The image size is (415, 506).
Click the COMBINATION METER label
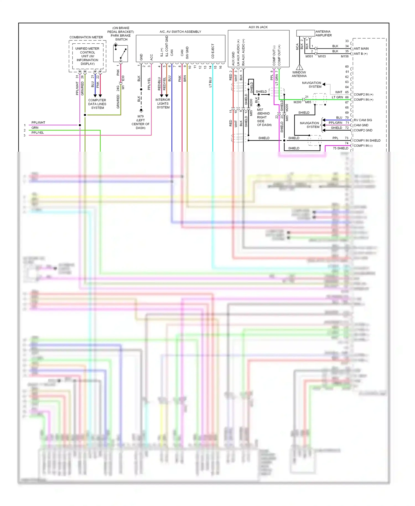86,37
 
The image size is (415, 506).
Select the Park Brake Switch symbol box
120,53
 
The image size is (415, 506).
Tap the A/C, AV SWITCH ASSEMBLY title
180,32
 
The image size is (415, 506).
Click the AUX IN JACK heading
258,27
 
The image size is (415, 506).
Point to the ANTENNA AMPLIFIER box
305,33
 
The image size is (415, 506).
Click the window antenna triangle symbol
299,67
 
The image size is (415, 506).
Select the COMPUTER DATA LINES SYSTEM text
97,104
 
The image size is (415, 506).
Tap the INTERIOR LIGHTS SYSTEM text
163,104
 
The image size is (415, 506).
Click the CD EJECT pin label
213,51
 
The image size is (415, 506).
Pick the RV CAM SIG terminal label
363,120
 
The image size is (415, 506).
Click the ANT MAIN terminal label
361,49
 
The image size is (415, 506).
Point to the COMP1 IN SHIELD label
367,141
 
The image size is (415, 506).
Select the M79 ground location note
141,122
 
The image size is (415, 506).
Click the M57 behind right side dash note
264,117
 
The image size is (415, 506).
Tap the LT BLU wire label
210,82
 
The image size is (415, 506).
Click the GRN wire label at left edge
35,128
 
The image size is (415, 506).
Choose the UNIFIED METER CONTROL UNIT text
87,56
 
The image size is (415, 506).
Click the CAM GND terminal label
361,125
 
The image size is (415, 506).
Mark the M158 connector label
345,56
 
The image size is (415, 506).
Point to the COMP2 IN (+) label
363,94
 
